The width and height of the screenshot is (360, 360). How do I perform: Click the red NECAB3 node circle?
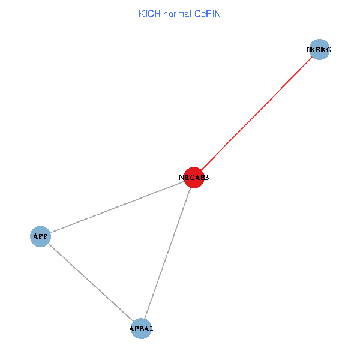[194, 178]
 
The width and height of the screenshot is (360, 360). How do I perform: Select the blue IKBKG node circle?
[319, 50]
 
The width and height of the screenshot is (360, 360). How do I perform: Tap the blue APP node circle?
[40, 236]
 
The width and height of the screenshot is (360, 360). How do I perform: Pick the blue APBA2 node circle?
[141, 329]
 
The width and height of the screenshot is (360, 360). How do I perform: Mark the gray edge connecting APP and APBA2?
[91, 283]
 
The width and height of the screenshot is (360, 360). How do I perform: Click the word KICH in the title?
[149, 13]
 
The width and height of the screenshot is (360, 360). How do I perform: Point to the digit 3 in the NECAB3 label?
[206, 178]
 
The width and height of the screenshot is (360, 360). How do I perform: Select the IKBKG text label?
[319, 50]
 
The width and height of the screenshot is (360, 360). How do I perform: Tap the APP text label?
[40, 236]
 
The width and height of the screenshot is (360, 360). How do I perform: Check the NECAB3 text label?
[194, 178]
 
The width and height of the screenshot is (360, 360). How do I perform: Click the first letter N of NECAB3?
[181, 178]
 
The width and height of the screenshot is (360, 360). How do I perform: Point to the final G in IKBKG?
[329, 50]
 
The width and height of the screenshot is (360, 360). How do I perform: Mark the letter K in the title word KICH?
[142, 13]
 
